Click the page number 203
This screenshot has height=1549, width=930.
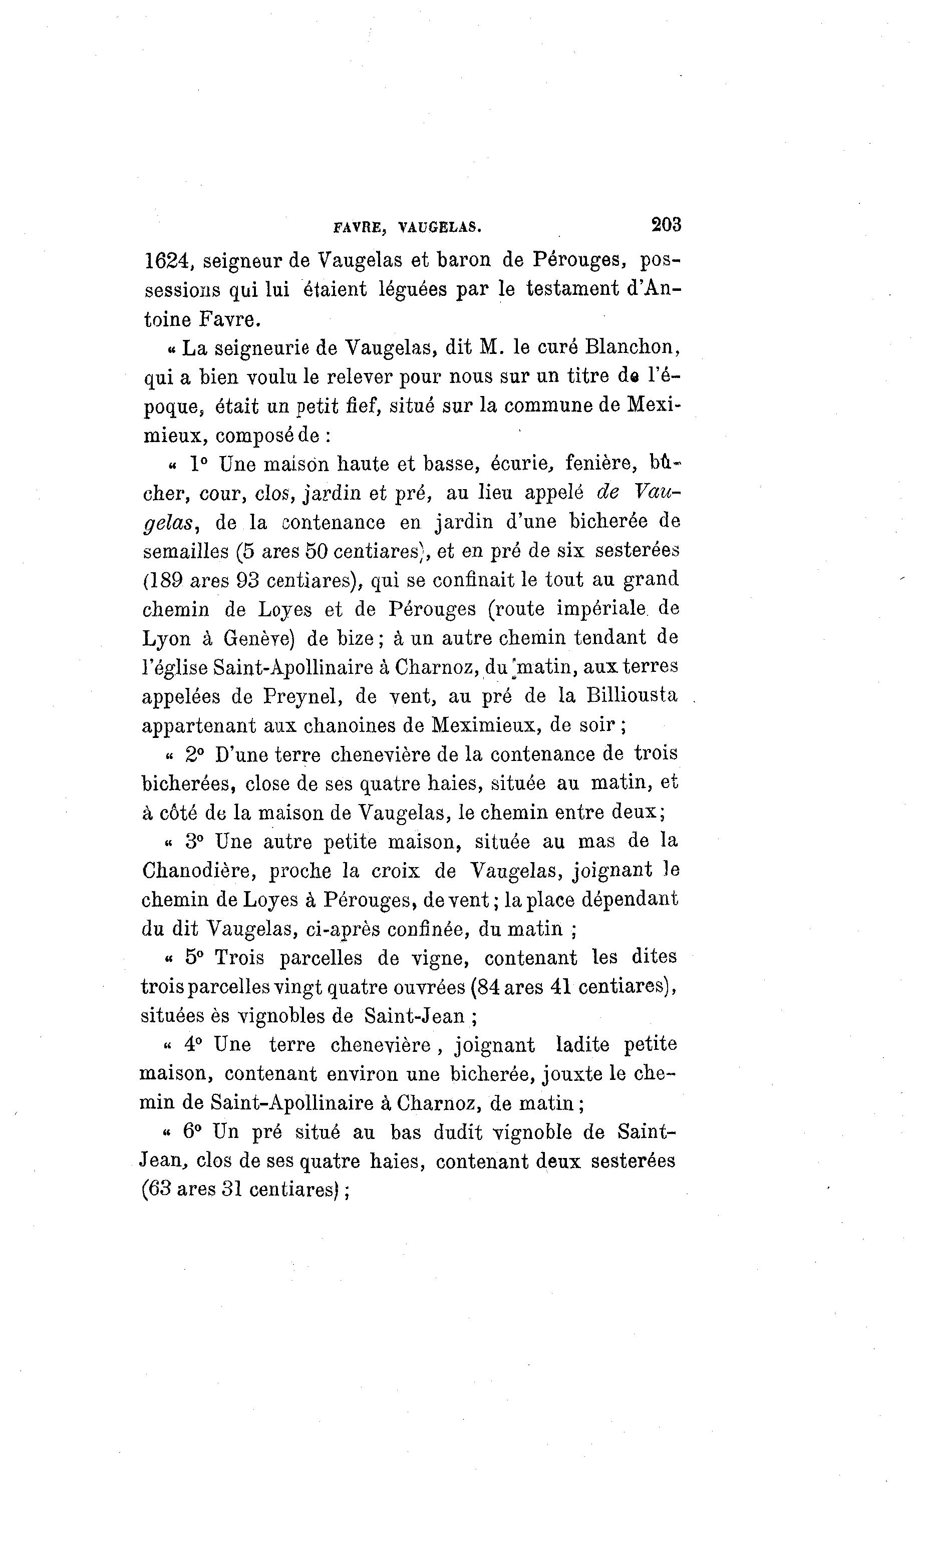click(666, 224)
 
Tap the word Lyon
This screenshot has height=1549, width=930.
click(167, 639)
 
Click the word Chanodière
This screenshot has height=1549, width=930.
click(199, 871)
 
